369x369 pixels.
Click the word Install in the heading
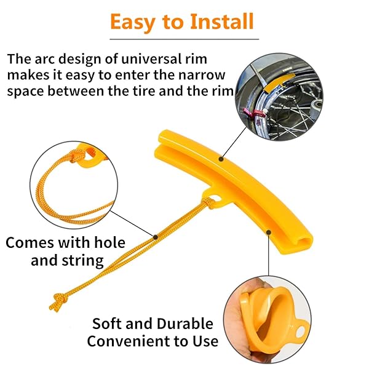221,22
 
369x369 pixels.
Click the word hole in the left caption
109,242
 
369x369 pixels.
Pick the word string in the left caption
82,261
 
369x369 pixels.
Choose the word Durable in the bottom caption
184,323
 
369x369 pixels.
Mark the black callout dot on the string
156,237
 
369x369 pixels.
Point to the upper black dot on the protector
221,159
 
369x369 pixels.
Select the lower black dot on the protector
269,232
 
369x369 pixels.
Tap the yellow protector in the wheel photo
279,82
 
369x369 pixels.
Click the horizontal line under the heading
184,39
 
